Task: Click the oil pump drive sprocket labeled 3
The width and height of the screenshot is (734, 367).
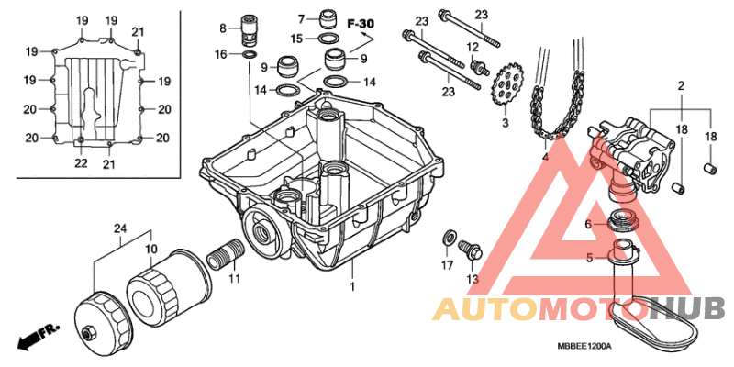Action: (507, 86)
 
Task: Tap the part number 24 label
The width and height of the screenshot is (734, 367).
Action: (120, 228)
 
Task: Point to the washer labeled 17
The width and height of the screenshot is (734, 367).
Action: (448, 238)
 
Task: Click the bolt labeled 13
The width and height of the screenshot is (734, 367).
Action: (470, 250)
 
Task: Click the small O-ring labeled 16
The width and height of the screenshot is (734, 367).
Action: (250, 55)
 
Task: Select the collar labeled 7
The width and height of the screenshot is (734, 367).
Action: (329, 18)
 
